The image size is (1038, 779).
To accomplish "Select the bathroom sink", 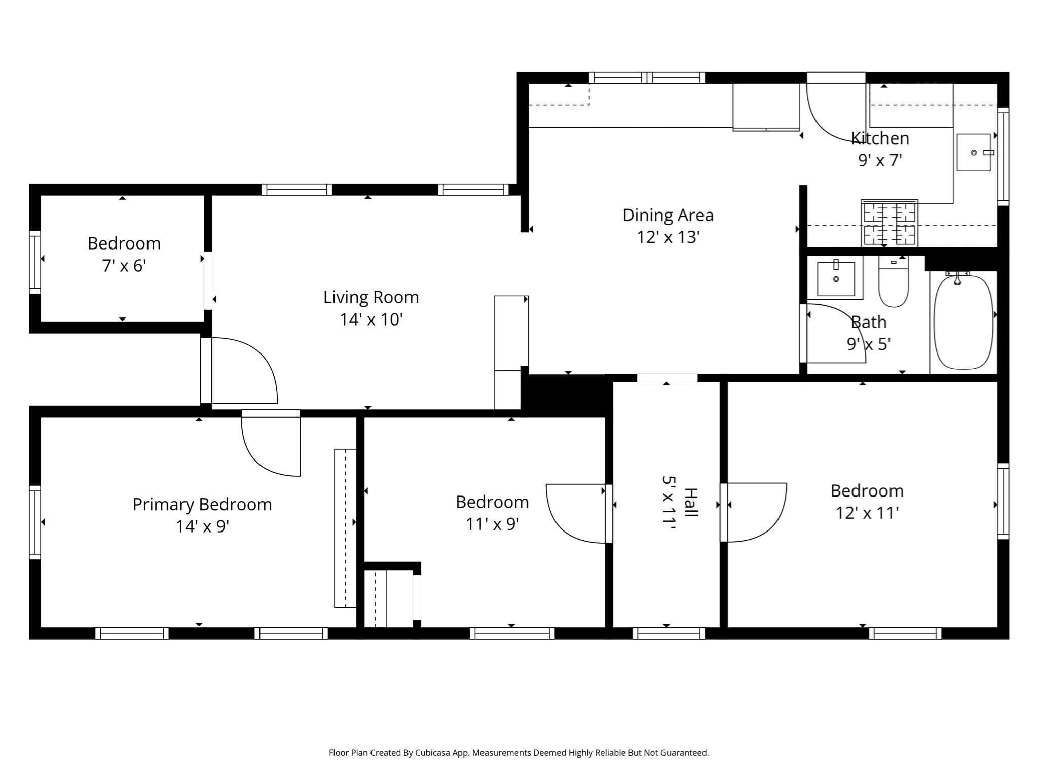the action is (x=836, y=278).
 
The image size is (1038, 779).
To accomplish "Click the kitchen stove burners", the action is (x=889, y=223).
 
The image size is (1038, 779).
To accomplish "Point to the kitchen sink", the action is (x=974, y=152).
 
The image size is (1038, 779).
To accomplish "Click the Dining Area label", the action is (x=668, y=215).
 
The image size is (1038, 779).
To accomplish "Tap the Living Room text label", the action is (x=371, y=297).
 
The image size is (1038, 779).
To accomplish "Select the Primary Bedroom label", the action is (x=202, y=505).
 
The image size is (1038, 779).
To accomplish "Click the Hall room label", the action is (x=691, y=502).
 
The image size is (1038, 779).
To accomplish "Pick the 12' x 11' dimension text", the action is (x=867, y=513).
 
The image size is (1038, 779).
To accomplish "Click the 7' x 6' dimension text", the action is (x=124, y=265).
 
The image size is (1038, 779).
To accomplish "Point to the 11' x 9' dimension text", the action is (x=492, y=523).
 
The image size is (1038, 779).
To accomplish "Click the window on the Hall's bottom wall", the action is (x=669, y=633).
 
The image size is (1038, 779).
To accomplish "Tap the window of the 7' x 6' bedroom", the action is (x=34, y=262).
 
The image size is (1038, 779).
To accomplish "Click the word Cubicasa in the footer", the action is (x=433, y=753).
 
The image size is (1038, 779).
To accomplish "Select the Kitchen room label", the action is (x=880, y=138).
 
